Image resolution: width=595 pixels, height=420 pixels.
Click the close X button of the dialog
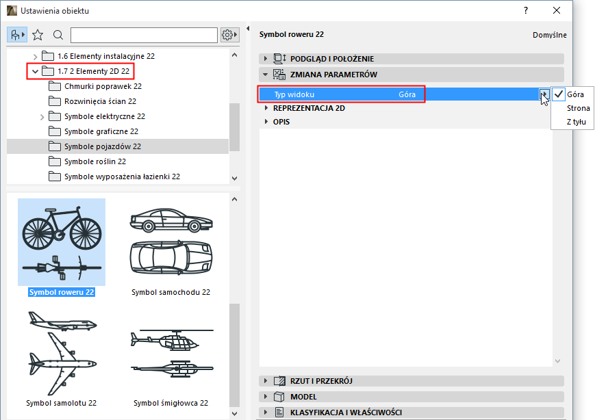[556, 11]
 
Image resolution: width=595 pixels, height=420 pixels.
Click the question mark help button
[526, 11]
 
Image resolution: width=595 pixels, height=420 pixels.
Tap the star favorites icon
[38, 36]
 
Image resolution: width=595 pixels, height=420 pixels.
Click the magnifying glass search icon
[58, 36]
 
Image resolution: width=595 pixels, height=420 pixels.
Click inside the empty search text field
[144, 36]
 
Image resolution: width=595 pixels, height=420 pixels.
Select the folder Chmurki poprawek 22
[103, 86]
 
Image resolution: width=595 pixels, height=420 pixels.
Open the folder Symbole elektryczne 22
[104, 116]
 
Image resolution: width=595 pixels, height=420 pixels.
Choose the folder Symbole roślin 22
[95, 161]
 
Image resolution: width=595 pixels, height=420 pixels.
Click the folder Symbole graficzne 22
[101, 131]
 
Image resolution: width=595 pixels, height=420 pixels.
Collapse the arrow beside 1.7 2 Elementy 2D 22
[36, 71]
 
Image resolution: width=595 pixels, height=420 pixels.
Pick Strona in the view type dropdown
[578, 108]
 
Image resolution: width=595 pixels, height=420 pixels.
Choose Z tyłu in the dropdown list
[576, 122]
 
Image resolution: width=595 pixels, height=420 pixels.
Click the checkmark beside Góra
[559, 94]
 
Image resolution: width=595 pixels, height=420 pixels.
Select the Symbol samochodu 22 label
[170, 292]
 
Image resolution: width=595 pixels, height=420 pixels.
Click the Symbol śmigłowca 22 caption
[170, 403]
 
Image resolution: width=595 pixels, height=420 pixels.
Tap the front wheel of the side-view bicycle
[86, 233]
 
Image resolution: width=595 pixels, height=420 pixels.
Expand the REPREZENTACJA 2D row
[309, 108]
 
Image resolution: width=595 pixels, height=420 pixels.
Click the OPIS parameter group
[281, 122]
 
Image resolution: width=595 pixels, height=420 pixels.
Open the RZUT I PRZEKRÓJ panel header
[321, 381]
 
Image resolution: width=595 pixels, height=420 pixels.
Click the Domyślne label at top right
[549, 36]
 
